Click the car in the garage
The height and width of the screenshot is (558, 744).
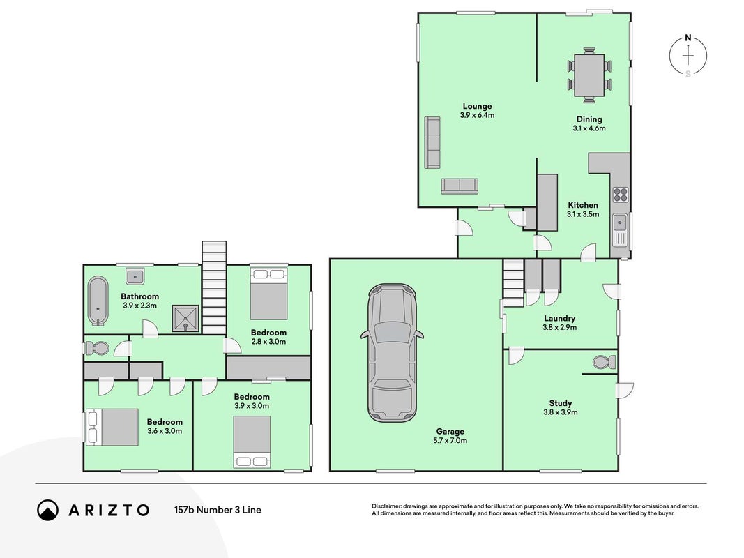(x=392, y=353)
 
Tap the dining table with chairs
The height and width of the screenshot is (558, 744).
(x=589, y=75)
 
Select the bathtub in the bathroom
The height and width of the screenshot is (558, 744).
(x=98, y=301)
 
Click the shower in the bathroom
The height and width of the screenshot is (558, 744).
(x=185, y=318)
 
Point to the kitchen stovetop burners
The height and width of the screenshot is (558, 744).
(x=621, y=195)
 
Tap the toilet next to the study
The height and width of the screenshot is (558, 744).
(x=605, y=362)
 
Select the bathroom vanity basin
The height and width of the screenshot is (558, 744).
(x=135, y=276)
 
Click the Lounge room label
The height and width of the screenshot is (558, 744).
(x=478, y=106)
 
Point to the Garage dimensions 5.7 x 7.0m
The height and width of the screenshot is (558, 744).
(x=450, y=440)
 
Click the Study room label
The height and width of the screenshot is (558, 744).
(x=561, y=403)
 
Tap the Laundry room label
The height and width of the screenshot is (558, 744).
(x=559, y=318)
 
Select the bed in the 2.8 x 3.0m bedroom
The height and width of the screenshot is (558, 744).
(x=269, y=294)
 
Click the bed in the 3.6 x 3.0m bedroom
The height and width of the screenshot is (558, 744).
(x=112, y=427)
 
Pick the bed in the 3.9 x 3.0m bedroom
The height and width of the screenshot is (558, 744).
(x=252, y=442)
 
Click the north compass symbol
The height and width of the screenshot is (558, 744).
(x=688, y=56)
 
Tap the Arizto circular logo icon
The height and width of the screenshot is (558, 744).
(x=48, y=510)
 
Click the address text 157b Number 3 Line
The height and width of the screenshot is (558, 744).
(x=218, y=510)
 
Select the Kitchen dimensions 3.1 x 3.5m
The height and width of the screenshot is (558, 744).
(x=583, y=214)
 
